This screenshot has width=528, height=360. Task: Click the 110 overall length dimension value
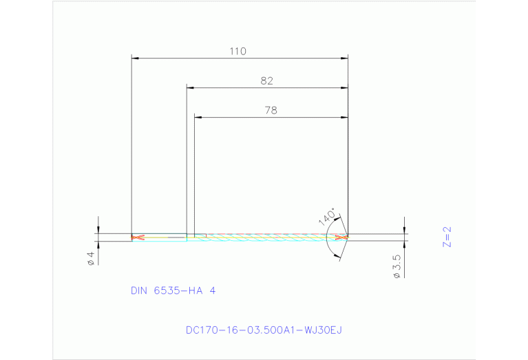pyautogui.click(x=239, y=51)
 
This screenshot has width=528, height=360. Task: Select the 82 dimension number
pyautogui.click(x=267, y=81)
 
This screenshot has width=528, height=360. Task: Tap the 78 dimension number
pyautogui.click(x=271, y=109)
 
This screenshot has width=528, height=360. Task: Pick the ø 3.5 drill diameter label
pyautogui.click(x=397, y=265)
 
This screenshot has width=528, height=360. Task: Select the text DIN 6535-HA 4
pyautogui.click(x=173, y=290)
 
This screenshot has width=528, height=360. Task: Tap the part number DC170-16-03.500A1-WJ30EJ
pyautogui.click(x=264, y=330)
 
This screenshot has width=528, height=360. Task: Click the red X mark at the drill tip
pyautogui.click(x=341, y=237)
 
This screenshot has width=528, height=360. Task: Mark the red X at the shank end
pyautogui.click(x=138, y=237)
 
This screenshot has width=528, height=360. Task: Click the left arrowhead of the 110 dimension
pyautogui.click(x=135, y=59)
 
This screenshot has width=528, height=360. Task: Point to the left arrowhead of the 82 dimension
pyautogui.click(x=191, y=88)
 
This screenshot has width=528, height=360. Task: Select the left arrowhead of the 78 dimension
pyautogui.click(x=198, y=118)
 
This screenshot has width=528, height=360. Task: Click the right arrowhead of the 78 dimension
pyautogui.click(x=344, y=118)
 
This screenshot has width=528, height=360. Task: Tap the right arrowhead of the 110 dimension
pyautogui.click(x=344, y=59)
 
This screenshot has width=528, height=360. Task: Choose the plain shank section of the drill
pyautogui.click(x=162, y=237)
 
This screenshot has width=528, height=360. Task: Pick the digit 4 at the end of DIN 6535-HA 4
pyautogui.click(x=213, y=290)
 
